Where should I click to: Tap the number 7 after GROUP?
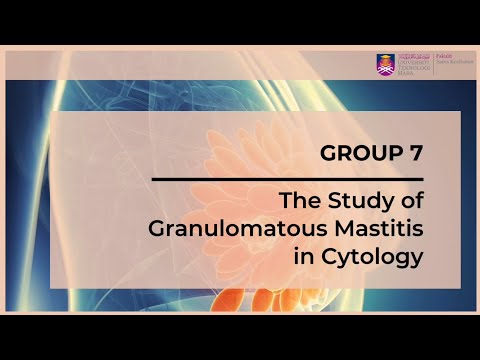tap(413, 154)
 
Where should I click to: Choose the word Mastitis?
tap(376, 229)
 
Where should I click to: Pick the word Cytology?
tap(372, 257)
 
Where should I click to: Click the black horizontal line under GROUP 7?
tap(286, 179)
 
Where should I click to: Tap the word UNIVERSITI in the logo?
tap(413, 61)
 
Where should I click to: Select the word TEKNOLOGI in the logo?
tap(413, 67)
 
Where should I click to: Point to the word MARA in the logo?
tap(405, 73)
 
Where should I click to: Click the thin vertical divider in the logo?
tap(433, 63)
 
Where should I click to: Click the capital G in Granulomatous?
tap(157, 229)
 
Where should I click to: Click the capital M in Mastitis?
tap(338, 229)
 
